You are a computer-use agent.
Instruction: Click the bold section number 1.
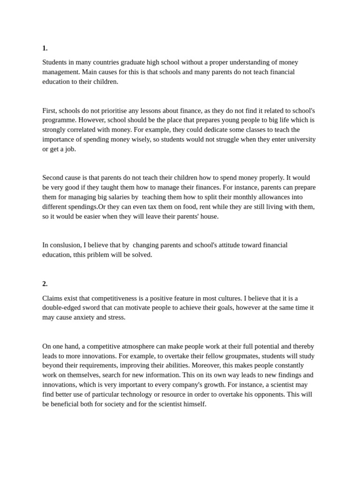click(x=45, y=48)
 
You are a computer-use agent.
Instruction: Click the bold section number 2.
click(x=45, y=284)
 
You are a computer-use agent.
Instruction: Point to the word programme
click(x=60, y=120)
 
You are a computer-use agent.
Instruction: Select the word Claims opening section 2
click(x=52, y=298)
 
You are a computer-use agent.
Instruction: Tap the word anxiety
click(x=85, y=317)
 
